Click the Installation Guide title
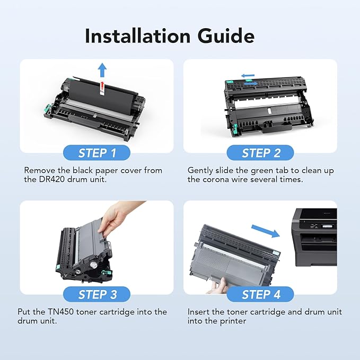pos(170,36)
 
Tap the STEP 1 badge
pos(97,153)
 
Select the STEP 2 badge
pos(260,153)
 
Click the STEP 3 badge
pos(97,294)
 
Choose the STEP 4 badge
pos(260,294)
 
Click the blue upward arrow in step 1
pos(102,69)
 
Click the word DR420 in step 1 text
pos(53,180)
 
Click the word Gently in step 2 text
pos(201,171)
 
